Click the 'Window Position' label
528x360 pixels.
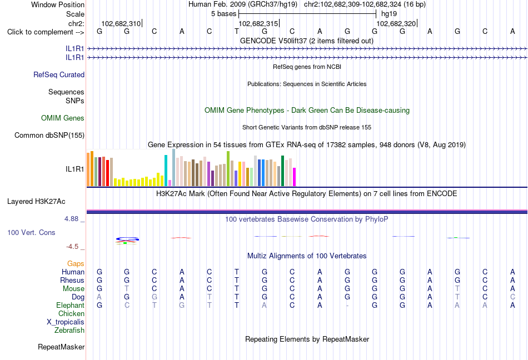pyautogui.click(x=58, y=4)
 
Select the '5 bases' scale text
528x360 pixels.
pyautogui.click(x=223, y=14)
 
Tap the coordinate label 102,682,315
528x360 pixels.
pyautogui.click(x=258, y=23)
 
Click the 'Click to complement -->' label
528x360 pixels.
pyautogui.click(x=46, y=32)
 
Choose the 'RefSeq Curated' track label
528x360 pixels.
pyautogui.click(x=59, y=74)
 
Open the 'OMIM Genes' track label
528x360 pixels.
pyautogui.click(x=63, y=118)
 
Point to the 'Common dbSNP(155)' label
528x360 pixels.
pyautogui.click(x=49, y=135)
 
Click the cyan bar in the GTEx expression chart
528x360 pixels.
pyautogui.click(x=166, y=171)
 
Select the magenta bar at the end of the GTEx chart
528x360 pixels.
pyautogui.click(x=295, y=177)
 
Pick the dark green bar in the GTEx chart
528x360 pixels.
pyautogui.click(x=282, y=171)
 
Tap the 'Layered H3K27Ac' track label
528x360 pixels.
pyautogui.click(x=36, y=202)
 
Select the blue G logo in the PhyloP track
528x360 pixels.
pyautogui.click(x=128, y=239)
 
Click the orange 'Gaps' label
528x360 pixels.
pyautogui.click(x=76, y=264)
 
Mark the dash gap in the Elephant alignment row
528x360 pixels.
pyautogui.click(x=347, y=306)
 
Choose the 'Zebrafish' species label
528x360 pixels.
pyautogui.click(x=69, y=331)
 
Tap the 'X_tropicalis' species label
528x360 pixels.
pyautogui.click(x=66, y=322)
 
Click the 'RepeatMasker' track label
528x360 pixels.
pyautogui.click(x=61, y=347)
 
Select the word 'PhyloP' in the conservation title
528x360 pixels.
pyautogui.click(x=376, y=219)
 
